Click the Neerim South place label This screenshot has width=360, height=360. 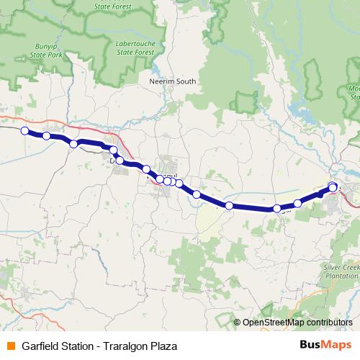171,82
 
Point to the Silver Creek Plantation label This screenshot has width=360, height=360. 339,271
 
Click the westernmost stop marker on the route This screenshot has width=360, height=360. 24,130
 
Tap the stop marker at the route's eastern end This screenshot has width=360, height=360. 333,187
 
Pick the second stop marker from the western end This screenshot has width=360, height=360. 47,135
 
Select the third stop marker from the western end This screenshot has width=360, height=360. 73,144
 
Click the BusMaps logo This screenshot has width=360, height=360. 326,345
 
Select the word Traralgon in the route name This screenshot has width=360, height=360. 123,346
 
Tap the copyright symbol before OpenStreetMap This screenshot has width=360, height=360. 238,323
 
